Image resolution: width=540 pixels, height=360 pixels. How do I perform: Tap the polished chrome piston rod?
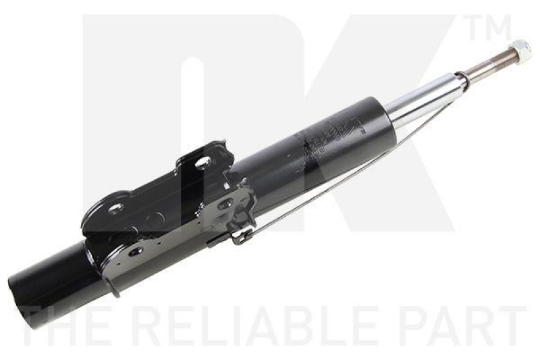point(425,98)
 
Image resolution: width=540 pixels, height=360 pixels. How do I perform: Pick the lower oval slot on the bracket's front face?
point(136,251)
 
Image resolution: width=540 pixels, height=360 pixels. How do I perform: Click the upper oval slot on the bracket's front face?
point(225,203)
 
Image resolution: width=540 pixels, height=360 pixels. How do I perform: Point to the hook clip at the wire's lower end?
point(240,236)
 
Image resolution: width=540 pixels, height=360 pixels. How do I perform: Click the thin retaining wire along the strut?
point(337,182)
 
